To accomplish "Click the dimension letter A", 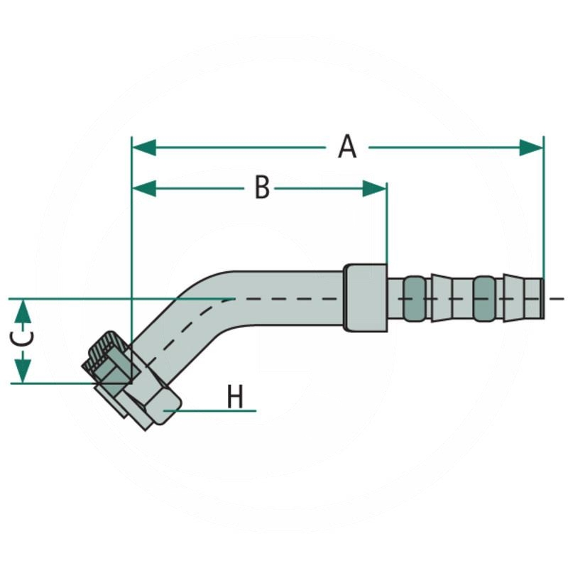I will (x=346, y=147).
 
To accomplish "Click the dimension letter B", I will (x=262, y=188).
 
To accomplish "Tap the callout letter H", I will (x=235, y=398).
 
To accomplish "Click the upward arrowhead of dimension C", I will (x=23, y=310).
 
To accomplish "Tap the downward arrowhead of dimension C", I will (x=23, y=371).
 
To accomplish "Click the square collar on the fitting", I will (x=365, y=297).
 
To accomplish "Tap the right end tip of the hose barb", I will (x=541, y=298).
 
